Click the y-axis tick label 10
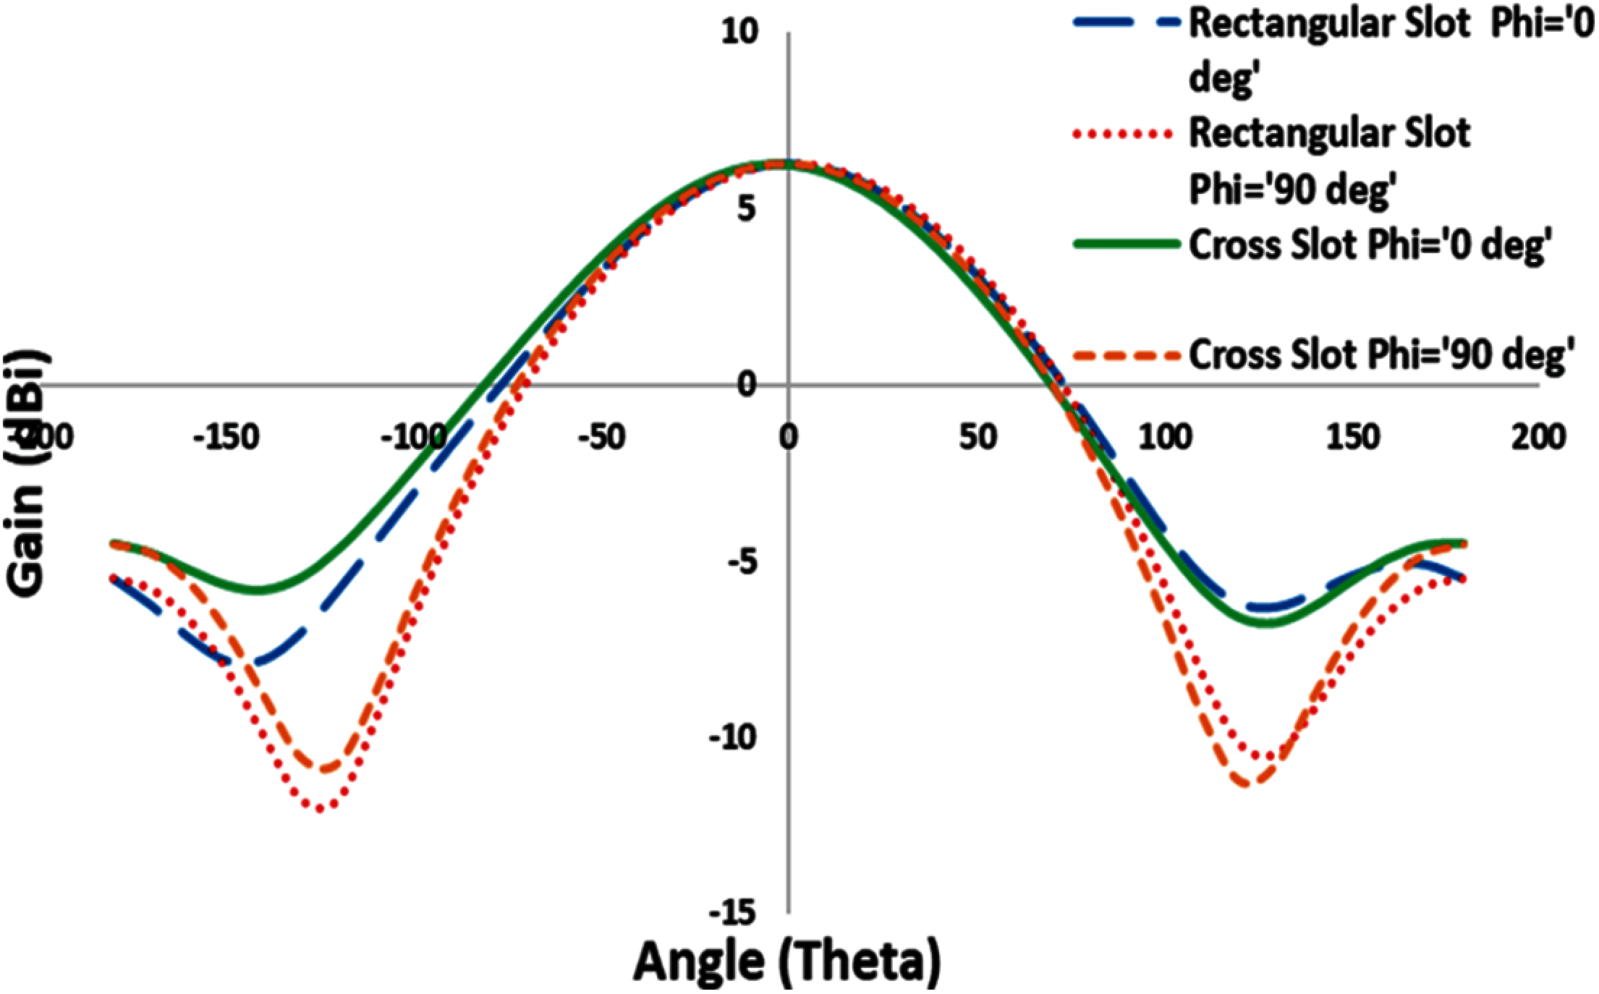pyautogui.click(x=739, y=33)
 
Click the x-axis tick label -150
pyautogui.click(x=225, y=438)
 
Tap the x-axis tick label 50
pyautogui.click(x=979, y=438)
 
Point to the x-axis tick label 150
pyautogui.click(x=1352, y=438)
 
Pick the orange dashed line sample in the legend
pyautogui.click(x=1124, y=355)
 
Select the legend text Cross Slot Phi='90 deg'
pyautogui.click(x=1378, y=355)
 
